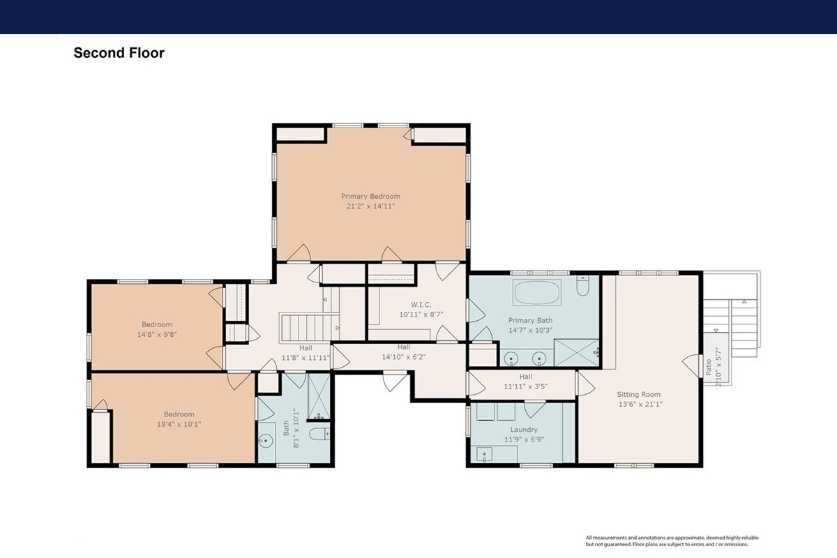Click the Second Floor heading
pos(119,53)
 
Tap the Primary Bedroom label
pos(370,196)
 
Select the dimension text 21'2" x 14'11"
pos(370,206)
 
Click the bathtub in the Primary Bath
pos(537,292)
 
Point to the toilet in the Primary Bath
pos(582,286)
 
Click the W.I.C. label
pos(421,305)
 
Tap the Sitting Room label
pos(638,394)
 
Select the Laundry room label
pos(524,430)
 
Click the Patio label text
pos(709,367)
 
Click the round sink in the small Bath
pos(266,441)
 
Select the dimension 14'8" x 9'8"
pos(156,335)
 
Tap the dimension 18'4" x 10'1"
pos(179,424)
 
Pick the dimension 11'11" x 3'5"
pos(526,386)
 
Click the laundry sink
pos(485,455)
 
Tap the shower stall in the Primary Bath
pos(577,352)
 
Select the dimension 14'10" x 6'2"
pos(404,357)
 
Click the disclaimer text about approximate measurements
pos(672,541)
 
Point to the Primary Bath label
pos(530,320)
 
